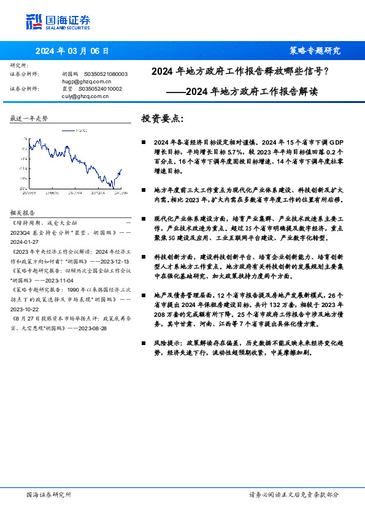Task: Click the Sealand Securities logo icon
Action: [x=34, y=21]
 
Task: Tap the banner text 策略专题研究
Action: [x=314, y=50]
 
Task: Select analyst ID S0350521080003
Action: [x=106, y=74]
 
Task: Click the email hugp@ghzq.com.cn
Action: [x=86, y=80]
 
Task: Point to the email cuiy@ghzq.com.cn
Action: [x=85, y=96]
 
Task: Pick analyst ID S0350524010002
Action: [x=102, y=88]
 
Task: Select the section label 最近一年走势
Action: [x=29, y=118]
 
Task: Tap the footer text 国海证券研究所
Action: [x=49, y=495]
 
